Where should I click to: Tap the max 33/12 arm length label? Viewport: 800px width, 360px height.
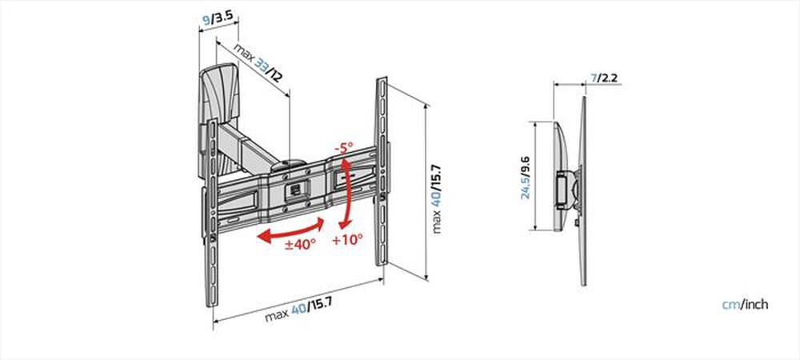click(258, 63)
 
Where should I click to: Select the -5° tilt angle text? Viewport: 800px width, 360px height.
click(344, 148)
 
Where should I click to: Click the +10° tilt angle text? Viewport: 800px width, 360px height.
click(347, 238)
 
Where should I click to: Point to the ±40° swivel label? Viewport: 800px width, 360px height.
click(301, 244)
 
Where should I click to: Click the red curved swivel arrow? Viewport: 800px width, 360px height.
click(291, 230)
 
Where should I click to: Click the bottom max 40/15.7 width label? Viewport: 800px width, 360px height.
click(298, 310)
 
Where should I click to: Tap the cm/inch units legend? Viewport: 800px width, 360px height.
click(745, 305)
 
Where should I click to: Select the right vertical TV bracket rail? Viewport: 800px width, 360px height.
click(382, 171)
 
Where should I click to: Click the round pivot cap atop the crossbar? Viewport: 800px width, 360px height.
click(288, 165)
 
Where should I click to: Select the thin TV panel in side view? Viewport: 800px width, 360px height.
click(583, 190)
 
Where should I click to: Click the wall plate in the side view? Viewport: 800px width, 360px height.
click(560, 177)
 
